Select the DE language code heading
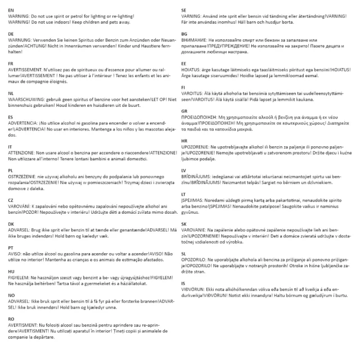tap(11, 34)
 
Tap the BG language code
tap(184, 34)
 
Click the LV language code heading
tap(183, 169)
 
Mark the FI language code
tap(183, 88)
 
